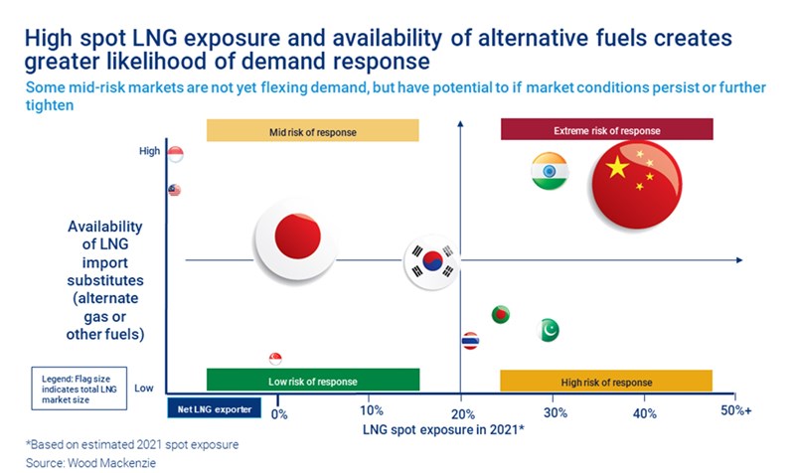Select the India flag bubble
tap(549, 171)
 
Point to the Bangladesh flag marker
tap(501, 315)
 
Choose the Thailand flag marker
tap(471, 341)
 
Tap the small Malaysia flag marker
tap(175, 190)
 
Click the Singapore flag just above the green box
tap(275, 359)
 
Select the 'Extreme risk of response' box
tap(606, 130)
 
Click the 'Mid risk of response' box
tap(312, 130)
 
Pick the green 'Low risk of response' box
tap(312, 381)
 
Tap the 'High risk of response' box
tap(606, 382)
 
